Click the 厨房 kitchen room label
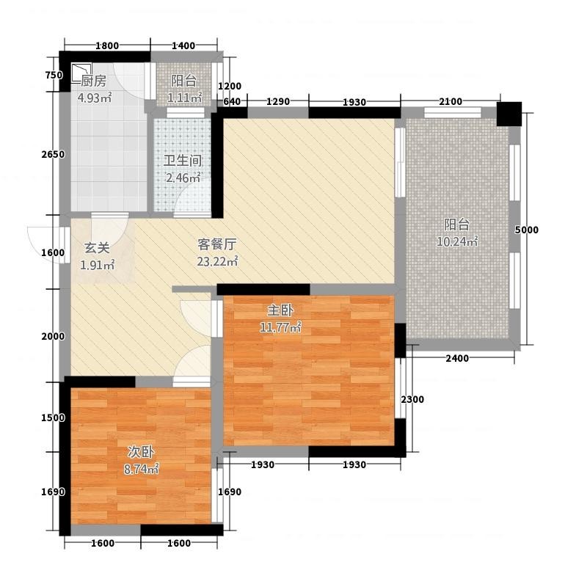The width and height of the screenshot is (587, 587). point(94,81)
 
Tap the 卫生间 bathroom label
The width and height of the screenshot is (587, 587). point(183,161)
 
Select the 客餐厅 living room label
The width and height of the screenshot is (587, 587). point(217,244)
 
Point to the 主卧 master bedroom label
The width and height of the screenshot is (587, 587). point(280,310)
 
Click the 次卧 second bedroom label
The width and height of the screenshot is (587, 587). point(141,452)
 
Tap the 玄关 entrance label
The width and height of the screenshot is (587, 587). point(97,248)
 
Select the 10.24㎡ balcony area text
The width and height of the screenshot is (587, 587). point(457,241)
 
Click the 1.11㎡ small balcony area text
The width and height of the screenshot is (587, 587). point(185,98)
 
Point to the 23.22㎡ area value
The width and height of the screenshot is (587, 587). point(217,261)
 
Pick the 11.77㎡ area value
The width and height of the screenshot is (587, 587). point(280,327)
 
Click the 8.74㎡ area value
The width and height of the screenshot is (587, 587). point(141,469)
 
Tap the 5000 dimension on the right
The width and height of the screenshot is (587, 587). point(526,230)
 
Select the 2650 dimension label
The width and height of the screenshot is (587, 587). point(53,154)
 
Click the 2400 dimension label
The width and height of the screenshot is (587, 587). point(457,358)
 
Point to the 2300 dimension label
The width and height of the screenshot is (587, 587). point(412,399)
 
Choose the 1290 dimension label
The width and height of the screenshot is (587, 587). point(278,101)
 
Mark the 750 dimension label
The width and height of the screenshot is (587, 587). point(54,75)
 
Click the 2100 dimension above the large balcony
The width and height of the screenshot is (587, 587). point(451,101)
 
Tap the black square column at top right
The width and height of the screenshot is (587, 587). point(509,114)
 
